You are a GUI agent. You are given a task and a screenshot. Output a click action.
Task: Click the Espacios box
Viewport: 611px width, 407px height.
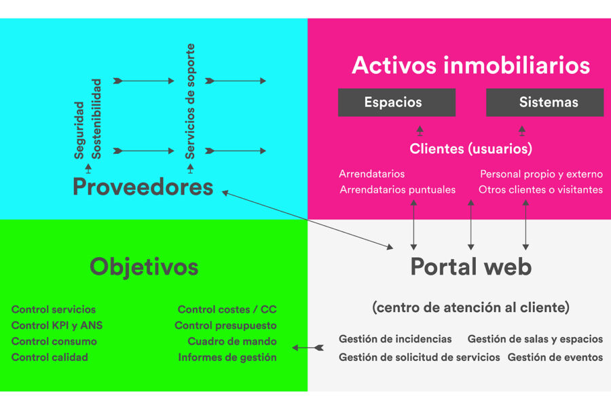[396, 102]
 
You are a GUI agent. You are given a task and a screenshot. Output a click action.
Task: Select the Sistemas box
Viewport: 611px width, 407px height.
[544, 102]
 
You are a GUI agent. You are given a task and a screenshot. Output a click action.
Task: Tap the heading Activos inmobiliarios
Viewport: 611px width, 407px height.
[470, 65]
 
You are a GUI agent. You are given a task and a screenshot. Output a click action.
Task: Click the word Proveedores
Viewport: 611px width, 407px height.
[143, 187]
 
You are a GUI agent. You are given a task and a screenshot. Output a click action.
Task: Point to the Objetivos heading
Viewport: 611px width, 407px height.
[144, 268]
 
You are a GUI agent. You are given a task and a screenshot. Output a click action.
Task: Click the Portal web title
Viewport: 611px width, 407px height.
[471, 267]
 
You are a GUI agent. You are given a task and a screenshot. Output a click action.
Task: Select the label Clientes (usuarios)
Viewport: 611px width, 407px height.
[470, 149]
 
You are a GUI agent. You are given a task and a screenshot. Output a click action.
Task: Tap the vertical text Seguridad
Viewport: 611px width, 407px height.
[79, 130]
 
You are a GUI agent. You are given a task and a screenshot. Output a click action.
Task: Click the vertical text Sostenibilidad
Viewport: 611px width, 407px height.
[96, 119]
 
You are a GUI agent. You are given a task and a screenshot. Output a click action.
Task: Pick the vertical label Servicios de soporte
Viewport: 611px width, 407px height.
[190, 101]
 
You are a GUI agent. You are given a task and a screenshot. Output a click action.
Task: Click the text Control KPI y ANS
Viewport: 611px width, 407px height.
[57, 325]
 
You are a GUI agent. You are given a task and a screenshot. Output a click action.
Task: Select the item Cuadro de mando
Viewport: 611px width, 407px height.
[232, 341]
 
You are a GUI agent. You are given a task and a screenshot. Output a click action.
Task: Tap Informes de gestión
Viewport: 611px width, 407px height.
[227, 357]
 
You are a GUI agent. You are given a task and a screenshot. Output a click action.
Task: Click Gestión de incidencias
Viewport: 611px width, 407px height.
[395, 339]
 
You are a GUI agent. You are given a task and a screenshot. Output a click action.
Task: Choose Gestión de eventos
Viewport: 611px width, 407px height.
[555, 357]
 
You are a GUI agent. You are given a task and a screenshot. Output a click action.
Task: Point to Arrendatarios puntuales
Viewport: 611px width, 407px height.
[397, 190]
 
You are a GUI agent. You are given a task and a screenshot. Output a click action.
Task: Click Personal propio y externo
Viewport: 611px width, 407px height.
[542, 174]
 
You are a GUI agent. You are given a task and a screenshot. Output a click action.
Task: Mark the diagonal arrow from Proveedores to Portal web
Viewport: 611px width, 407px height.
[308, 220]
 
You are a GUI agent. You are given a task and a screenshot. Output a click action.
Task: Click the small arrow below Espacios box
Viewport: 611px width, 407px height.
[420, 130]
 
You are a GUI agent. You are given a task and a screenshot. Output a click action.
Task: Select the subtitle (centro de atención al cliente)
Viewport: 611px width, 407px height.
[470, 308]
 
